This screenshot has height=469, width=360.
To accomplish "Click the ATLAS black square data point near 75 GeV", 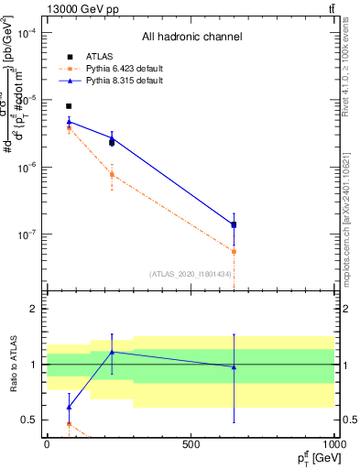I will coord(69,106).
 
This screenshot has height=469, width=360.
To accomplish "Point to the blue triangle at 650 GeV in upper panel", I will coord(234,223).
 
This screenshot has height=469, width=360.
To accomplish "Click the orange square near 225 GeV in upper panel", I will coord(112,174).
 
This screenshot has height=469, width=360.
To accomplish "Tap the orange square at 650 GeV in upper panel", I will coord(234,251).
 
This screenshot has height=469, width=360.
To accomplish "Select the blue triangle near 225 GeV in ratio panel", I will coord(112,352).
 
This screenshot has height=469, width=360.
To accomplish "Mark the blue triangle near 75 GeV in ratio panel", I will coord(69,407).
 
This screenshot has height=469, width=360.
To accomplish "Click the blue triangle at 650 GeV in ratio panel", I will coord(234,367).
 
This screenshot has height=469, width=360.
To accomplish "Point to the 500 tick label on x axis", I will coord(191,443).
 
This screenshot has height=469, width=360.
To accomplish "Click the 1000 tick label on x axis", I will coord(335,443).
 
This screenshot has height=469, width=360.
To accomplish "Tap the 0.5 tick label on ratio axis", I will coord(28,420).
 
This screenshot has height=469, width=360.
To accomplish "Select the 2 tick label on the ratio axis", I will coord(33,309).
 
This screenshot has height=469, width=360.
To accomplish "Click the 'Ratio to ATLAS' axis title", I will coord(12,365).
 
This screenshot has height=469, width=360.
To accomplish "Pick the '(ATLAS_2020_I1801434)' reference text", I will coord(190,274).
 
